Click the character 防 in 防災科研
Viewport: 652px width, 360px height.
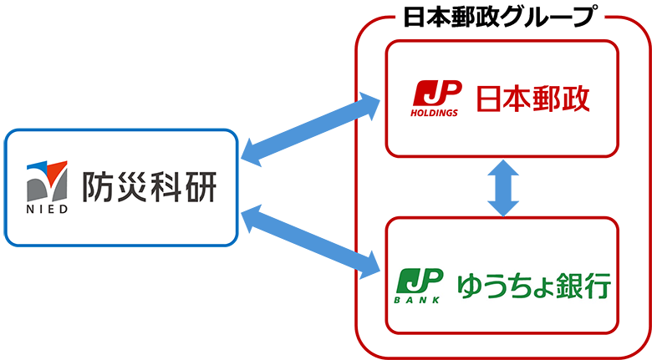pyautogui.click(x=98, y=188)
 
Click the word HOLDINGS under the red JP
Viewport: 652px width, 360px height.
pyautogui.click(x=434, y=113)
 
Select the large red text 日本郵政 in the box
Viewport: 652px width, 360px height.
pyautogui.click(x=532, y=99)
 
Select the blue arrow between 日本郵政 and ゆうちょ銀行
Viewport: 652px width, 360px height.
pyautogui.click(x=501, y=186)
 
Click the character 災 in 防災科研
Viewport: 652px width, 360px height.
pyautogui.click(x=131, y=188)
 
